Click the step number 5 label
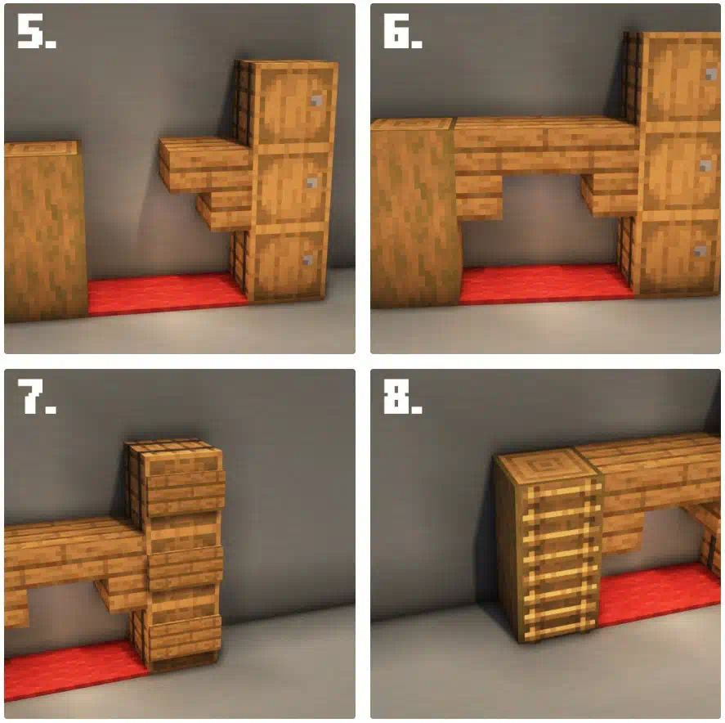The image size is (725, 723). pyautogui.click(x=36, y=30)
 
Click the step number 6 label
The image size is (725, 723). pyautogui.click(x=402, y=30)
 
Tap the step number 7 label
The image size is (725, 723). pyautogui.click(x=36, y=396)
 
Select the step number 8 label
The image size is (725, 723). pyautogui.click(x=402, y=396)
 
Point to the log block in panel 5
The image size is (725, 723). pyautogui.click(x=44, y=231)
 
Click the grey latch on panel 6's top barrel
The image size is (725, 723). pyautogui.click(x=710, y=74)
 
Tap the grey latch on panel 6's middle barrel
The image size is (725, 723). pyautogui.click(x=705, y=166)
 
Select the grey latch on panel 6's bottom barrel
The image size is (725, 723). pyautogui.click(x=700, y=252)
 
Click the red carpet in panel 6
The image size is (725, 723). pyautogui.click(x=546, y=284)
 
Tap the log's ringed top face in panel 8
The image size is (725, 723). pyautogui.click(x=546, y=465)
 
